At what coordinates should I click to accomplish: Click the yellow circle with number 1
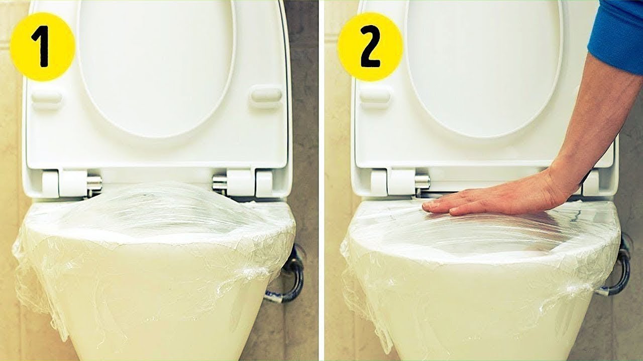(43, 47)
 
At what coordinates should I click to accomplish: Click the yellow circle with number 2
(370, 47)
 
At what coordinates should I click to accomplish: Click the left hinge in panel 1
(70, 183)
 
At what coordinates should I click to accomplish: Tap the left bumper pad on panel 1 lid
(47, 97)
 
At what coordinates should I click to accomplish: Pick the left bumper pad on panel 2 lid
(375, 96)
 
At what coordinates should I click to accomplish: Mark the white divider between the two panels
(321, 180)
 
